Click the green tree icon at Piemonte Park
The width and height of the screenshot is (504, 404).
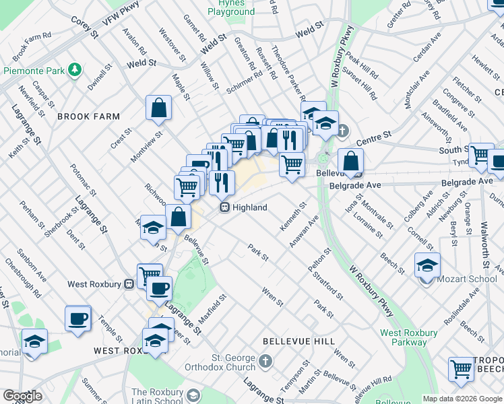point(76,70)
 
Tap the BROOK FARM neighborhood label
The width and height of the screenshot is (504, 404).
point(88,116)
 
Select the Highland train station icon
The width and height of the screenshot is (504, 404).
point(225,207)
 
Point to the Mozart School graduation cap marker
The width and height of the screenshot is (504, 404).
point(427,265)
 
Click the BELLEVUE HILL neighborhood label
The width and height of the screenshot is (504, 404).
point(298,341)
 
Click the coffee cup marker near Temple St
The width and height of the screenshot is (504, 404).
point(77,318)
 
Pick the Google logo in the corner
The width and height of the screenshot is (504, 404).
point(22,396)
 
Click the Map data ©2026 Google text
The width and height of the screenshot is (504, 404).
point(462,399)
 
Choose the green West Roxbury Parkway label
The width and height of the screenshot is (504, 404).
point(408,338)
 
